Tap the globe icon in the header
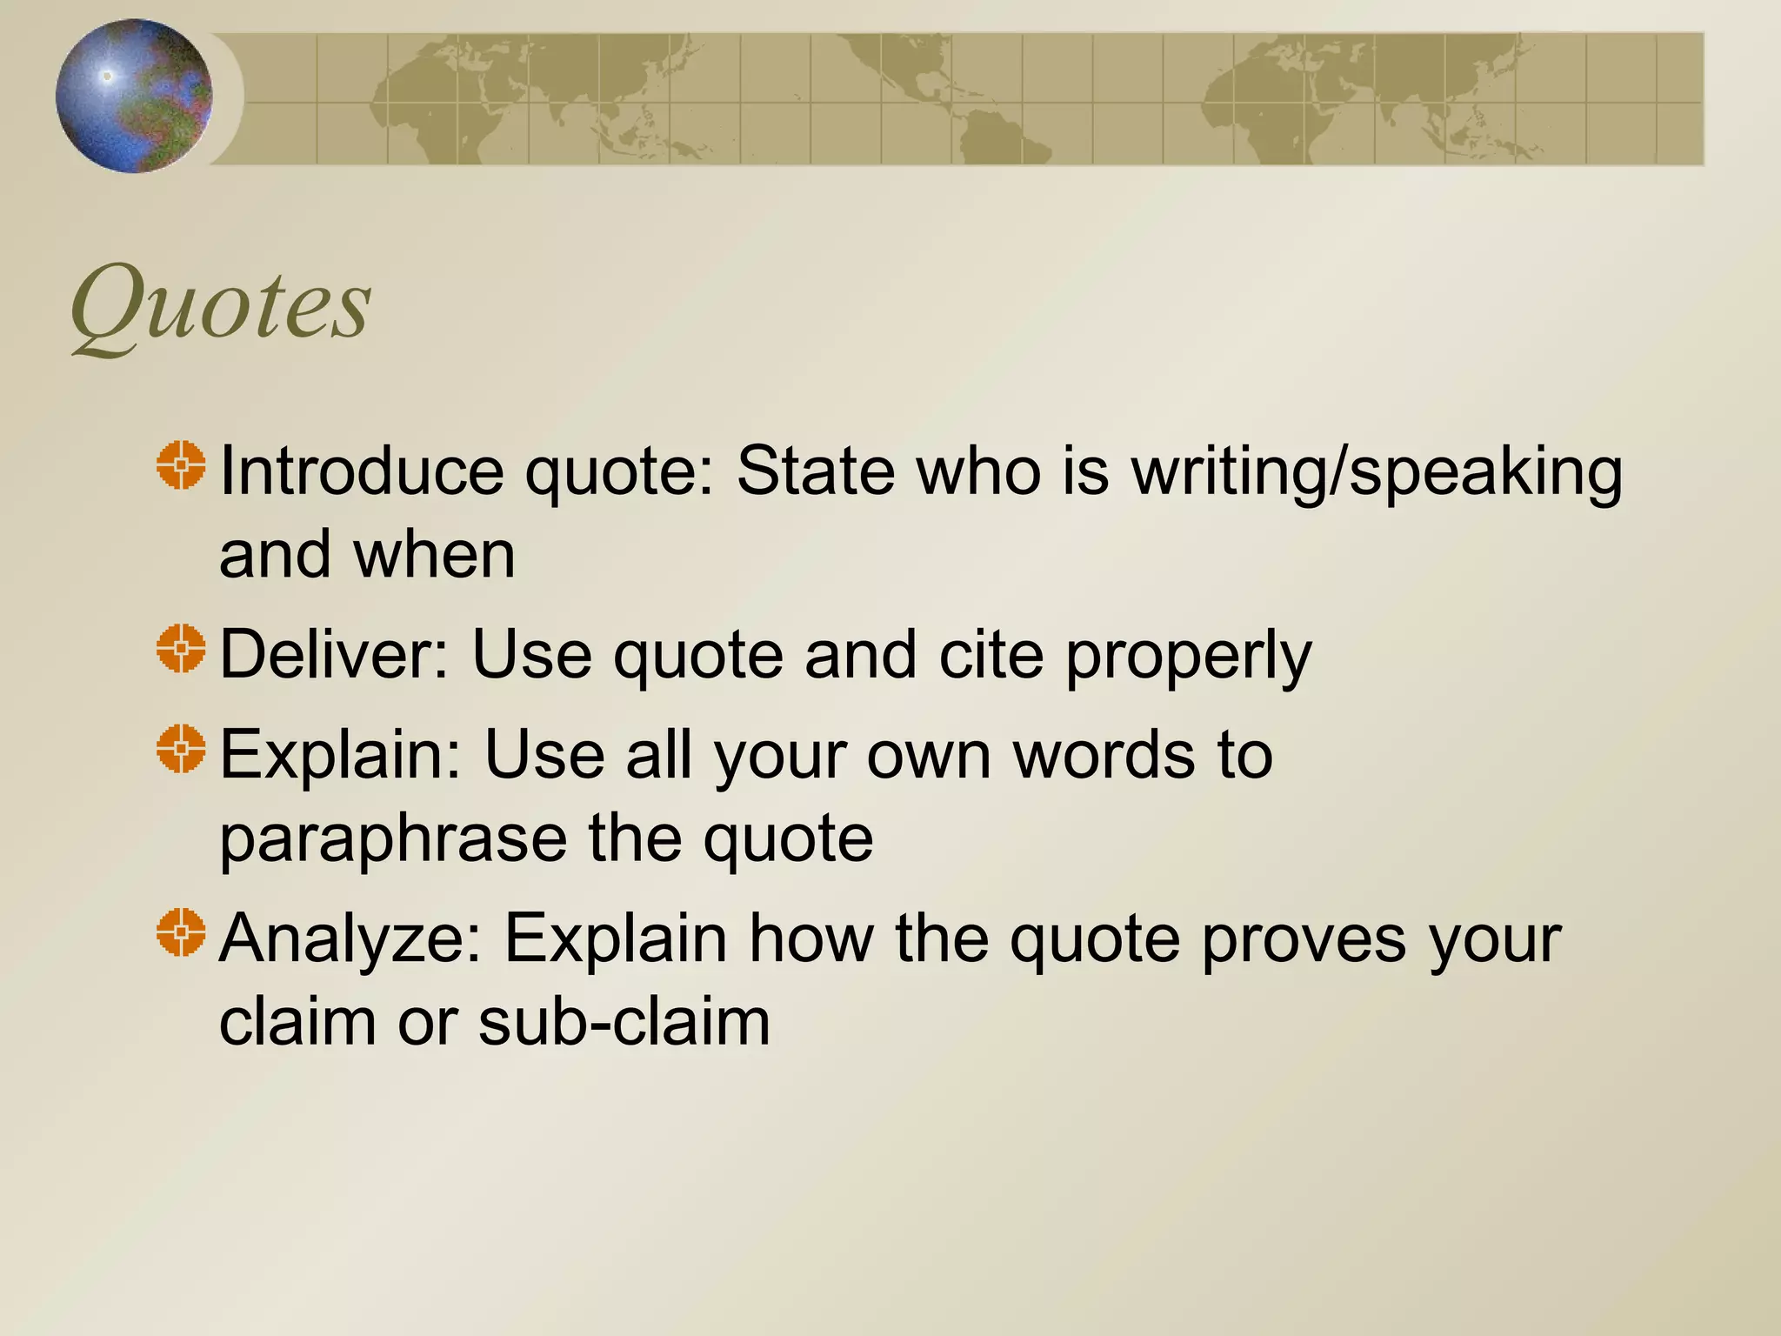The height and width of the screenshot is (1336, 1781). coord(133,96)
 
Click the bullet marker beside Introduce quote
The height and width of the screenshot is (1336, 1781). coord(182,465)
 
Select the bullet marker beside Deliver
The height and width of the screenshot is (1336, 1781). coord(182,649)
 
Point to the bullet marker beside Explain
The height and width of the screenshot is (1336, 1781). coord(182,748)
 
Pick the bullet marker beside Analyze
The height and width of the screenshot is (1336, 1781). coord(182,932)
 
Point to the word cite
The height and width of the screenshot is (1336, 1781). coord(991,654)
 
